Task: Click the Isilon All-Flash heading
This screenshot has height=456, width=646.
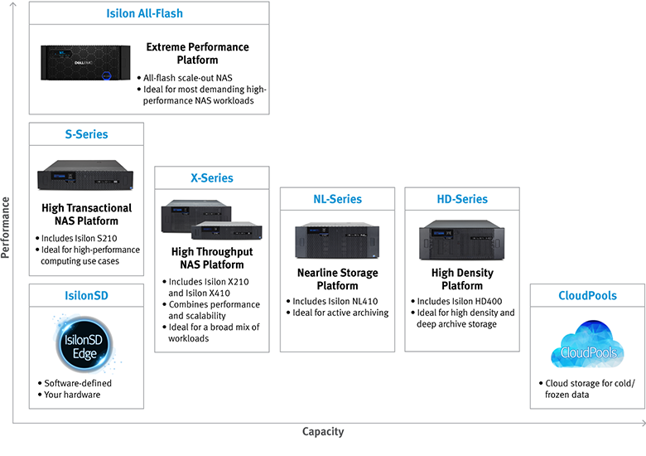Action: click(145, 13)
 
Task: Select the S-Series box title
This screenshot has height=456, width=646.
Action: click(86, 134)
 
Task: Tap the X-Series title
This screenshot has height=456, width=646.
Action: click(212, 177)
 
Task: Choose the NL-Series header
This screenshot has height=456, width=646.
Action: click(337, 199)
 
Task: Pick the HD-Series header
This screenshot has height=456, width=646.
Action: click(462, 199)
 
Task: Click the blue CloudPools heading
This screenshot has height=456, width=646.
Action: click(587, 295)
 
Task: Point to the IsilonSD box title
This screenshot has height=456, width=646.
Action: click(86, 295)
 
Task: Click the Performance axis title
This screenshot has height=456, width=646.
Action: click(6, 227)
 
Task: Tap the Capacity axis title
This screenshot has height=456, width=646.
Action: click(323, 431)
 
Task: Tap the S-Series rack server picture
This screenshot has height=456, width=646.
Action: click(86, 176)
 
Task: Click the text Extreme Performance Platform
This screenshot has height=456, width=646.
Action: click(197, 54)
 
